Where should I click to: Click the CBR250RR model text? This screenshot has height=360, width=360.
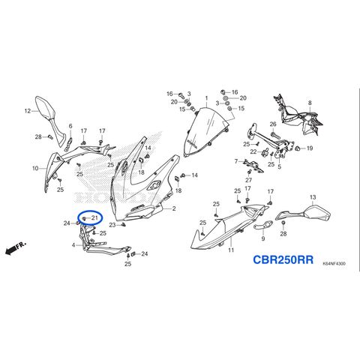pos(283,259)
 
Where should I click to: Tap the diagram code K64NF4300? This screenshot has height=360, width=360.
pos(334,263)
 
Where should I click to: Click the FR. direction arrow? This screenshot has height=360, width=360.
pos(16,248)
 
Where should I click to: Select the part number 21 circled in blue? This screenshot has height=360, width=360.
pos(94,217)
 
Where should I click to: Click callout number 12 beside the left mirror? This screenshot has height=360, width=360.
pos(28,111)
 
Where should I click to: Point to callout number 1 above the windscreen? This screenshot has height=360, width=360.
pos(206,97)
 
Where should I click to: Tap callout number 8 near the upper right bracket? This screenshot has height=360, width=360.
pos(310,103)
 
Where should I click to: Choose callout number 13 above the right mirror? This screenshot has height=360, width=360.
pos(313,197)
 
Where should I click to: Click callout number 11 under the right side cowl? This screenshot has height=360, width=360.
pos(231,250)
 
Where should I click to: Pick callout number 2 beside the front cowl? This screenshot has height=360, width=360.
pos(174,208)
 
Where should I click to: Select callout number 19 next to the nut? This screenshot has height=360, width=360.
pos(310,148)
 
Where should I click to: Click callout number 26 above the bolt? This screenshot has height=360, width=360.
pos(273,124)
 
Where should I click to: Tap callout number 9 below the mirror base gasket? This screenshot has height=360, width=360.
pos(263,238)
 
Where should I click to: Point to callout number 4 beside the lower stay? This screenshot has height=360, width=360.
pos(73,245)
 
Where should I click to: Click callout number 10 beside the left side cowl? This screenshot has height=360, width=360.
pos(35,168)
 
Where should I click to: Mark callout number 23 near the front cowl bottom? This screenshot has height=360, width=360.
pos(112,225)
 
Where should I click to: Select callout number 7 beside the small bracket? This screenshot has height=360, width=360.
pos(236,161)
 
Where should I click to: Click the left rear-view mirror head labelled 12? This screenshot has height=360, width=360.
pos(44,108)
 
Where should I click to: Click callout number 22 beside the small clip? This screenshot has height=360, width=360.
pos(253,151)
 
